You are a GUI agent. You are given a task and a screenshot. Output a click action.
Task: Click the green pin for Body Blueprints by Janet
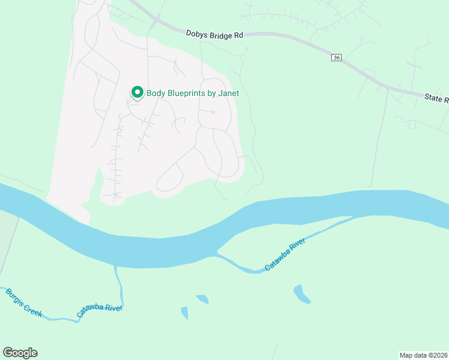[137, 92]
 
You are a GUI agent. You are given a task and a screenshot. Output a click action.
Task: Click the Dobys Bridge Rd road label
[214, 35]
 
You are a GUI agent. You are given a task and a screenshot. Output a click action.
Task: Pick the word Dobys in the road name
[197, 35]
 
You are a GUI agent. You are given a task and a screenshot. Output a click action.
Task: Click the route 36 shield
[336, 58]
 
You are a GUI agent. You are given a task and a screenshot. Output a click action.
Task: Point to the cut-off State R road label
[436, 98]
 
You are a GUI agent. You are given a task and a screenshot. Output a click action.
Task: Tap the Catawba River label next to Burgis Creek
[100, 311]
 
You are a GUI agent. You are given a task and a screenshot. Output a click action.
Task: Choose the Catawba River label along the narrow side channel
[286, 254]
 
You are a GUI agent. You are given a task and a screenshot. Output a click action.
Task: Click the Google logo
[20, 353]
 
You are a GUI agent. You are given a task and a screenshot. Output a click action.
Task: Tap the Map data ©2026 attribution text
[423, 355]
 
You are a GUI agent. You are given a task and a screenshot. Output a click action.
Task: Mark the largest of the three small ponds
[301, 294]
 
